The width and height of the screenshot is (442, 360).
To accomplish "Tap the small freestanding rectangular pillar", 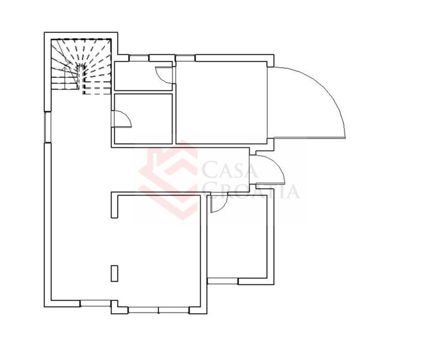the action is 114,273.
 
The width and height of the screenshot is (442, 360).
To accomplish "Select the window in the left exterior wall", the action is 47,127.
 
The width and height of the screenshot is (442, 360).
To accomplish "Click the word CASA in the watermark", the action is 229,169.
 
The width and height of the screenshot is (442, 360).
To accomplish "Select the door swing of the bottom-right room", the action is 219,203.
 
